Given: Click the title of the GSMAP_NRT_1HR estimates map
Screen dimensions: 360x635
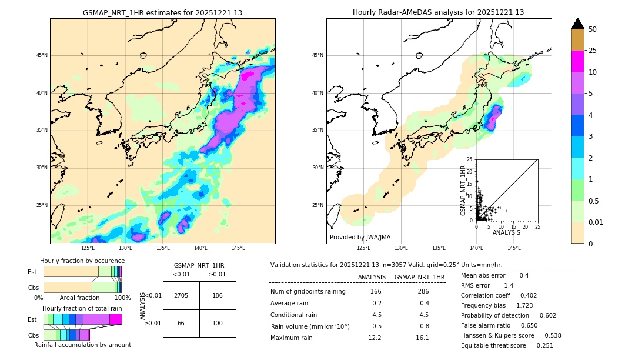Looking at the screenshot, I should coord(162,12).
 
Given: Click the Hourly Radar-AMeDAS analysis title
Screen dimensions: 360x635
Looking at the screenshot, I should coord(438,12).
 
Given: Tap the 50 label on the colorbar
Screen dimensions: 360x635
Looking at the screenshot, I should coord(593,29).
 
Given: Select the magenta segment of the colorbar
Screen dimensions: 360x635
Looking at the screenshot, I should coord(577,61).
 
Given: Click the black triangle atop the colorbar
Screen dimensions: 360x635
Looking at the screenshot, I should coord(578,24).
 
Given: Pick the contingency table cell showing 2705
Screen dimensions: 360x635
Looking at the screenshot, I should coord(181,295).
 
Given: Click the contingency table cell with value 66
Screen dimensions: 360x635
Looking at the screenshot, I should coord(181,323).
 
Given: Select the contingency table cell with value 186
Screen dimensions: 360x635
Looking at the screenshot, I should coord(218,295).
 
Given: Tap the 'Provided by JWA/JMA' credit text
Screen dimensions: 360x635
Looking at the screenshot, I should coord(360,237).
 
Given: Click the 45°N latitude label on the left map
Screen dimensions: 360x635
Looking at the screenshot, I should coord(42,56).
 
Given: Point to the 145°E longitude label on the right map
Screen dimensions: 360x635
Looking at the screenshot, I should coord(514,248).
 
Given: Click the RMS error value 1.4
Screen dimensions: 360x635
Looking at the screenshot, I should coord(509,285).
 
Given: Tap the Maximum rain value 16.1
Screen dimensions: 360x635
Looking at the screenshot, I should coord(422,338).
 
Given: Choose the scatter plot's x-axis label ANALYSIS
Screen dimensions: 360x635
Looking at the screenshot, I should coord(506,232).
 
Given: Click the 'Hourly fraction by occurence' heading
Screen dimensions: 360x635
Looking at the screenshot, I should coord(82,261).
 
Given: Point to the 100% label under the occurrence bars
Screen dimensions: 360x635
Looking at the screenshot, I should coord(122,298).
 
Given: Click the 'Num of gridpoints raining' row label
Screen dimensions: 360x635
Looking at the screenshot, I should coord(308,292).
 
